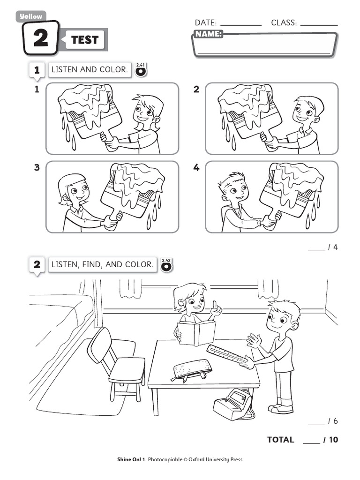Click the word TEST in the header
tap(85, 40)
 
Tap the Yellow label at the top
tap(31, 16)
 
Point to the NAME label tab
tap(208, 34)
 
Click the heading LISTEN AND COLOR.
tap(89, 70)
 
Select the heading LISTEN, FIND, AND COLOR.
tap(102, 265)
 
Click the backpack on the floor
tap(232, 404)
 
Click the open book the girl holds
tap(196, 333)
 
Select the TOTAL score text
tap(281, 440)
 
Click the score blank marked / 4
tap(317, 248)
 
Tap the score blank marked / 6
tap(317, 421)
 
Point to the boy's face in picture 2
tap(304, 112)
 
